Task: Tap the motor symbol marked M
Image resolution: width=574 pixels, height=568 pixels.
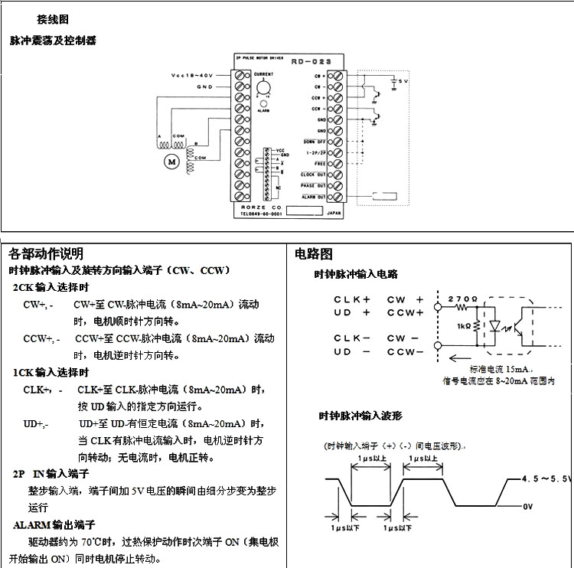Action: (x=171, y=161)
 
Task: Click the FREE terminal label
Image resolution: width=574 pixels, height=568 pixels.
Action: (x=320, y=164)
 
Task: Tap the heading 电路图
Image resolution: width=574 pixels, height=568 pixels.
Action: (x=314, y=253)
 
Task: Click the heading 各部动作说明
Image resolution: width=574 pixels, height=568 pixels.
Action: (x=46, y=253)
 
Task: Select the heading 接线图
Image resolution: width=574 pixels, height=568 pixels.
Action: (x=53, y=18)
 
